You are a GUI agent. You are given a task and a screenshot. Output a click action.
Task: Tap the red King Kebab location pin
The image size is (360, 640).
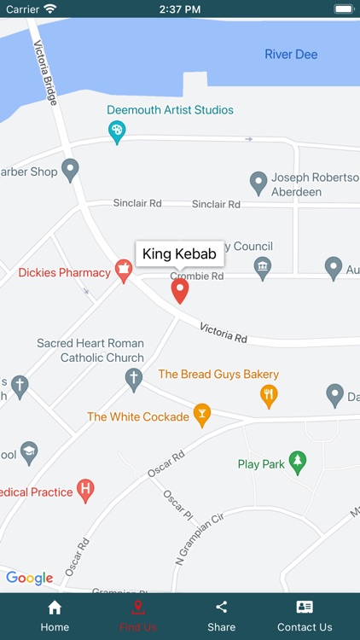click(x=179, y=290)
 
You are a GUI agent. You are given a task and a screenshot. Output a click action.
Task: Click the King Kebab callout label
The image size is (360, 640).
click(x=179, y=253)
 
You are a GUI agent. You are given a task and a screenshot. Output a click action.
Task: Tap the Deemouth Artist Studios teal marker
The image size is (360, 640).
click(x=118, y=131)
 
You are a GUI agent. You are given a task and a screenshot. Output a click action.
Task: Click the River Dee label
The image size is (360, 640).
click(x=291, y=55)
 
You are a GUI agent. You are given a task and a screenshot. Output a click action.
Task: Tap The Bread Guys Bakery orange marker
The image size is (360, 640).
click(x=269, y=394)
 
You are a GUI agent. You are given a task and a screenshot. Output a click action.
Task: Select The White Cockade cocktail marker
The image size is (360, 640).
click(x=202, y=416)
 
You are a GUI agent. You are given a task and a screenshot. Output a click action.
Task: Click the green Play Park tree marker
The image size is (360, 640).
click(x=297, y=463)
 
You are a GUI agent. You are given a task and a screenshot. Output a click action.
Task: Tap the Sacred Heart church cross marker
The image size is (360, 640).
click(x=133, y=379)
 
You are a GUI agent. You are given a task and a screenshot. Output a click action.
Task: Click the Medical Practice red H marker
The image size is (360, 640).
click(x=84, y=491)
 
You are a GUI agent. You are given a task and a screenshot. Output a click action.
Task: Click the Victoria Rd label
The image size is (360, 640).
click(x=224, y=333)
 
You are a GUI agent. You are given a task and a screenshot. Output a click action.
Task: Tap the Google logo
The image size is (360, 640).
click(x=30, y=578)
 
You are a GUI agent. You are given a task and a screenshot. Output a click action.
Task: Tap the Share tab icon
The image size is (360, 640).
click(x=222, y=608)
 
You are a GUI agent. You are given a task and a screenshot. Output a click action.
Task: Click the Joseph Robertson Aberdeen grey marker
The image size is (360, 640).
click(x=258, y=182)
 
